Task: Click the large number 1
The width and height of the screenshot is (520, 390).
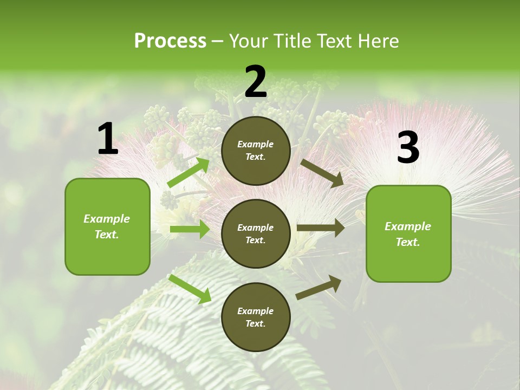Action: tap(108, 139)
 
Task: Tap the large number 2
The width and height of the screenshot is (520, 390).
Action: tap(256, 82)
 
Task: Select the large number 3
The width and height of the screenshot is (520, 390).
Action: tap(408, 148)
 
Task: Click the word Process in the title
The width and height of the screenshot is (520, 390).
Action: tap(170, 41)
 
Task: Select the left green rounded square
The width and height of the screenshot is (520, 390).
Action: tap(107, 226)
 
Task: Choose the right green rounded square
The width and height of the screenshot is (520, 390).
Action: tap(408, 233)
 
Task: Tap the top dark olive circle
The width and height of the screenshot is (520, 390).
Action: tap(256, 151)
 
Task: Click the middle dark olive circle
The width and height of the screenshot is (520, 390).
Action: tap(256, 233)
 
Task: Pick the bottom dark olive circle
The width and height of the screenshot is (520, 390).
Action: tap(256, 317)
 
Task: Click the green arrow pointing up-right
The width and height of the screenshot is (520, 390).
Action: tap(189, 173)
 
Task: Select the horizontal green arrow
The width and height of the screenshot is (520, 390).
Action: tap(190, 230)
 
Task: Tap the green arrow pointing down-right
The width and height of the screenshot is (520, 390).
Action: tap(190, 289)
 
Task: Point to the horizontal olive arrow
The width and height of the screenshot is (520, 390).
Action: tap(321, 227)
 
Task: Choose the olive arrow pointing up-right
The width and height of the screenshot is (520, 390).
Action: tap(319, 287)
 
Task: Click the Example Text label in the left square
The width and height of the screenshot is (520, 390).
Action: tap(107, 226)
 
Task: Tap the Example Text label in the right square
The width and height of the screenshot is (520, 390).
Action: tap(408, 234)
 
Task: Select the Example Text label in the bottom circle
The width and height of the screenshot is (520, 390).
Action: tap(256, 317)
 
